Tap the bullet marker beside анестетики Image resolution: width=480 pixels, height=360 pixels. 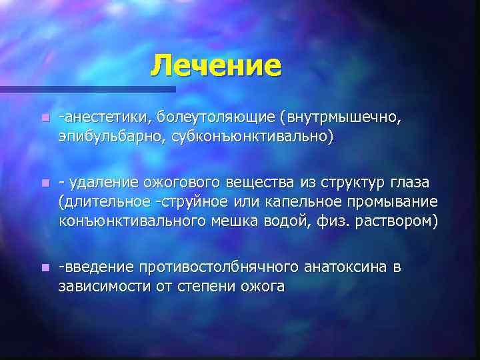(x=44, y=118)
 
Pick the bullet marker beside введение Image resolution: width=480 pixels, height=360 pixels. (x=44, y=268)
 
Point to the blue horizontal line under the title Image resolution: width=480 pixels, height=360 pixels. (x=87, y=89)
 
